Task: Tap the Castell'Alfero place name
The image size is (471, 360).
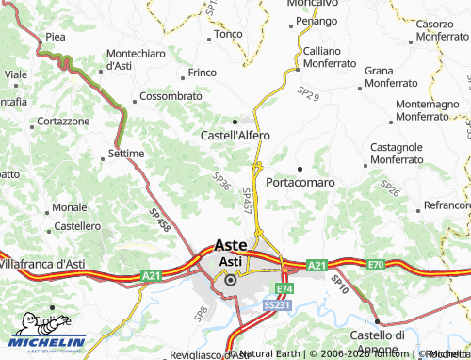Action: pos(235,135)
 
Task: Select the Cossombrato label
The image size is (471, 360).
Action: pos(171,97)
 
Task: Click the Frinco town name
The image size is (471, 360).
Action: pos(203,73)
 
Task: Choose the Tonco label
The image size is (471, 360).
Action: pos(228,34)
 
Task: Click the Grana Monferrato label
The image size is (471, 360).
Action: pos(392,76)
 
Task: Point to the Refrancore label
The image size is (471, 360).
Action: pos(447,205)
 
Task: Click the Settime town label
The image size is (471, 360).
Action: pos(125,153)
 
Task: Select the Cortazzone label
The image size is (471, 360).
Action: pos(63,122)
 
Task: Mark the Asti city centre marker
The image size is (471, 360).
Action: pos(229,279)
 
